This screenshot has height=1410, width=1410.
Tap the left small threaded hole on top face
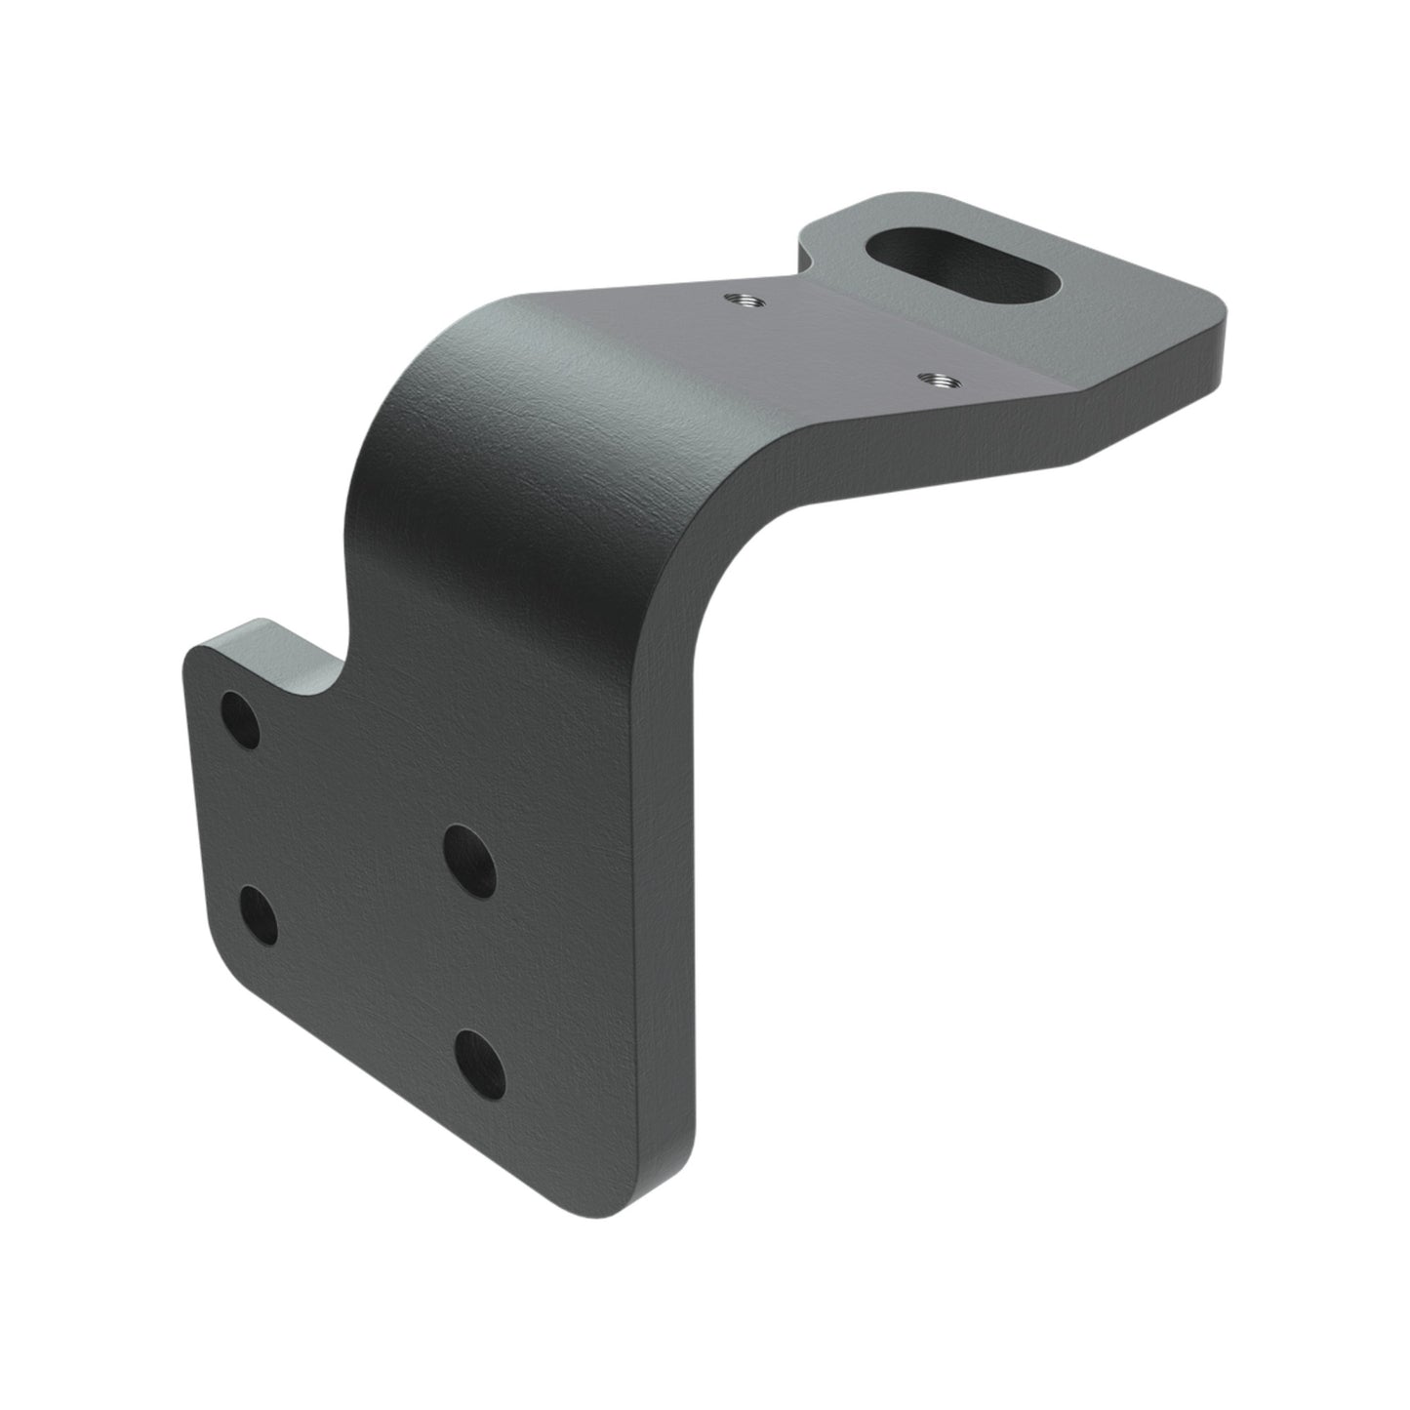[740, 298]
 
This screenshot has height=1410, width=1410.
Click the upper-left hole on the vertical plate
[241, 720]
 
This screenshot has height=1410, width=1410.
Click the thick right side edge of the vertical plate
[673, 878]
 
